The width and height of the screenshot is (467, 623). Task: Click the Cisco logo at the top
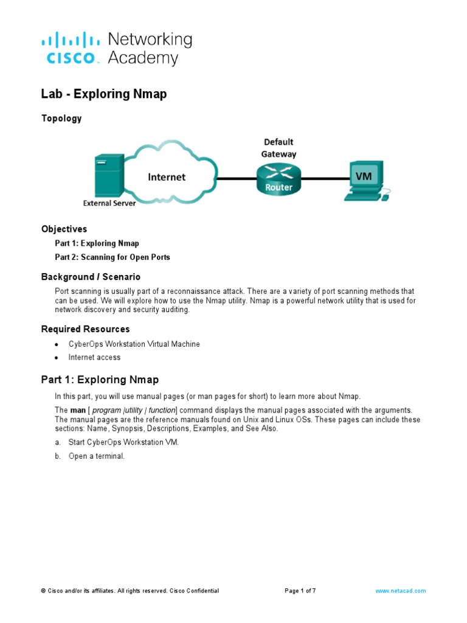coord(69,49)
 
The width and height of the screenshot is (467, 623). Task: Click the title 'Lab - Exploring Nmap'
coord(104,94)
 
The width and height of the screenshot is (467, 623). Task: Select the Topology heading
coord(61,119)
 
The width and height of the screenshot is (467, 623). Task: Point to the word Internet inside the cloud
coord(167,177)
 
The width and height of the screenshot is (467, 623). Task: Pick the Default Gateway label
coord(278,148)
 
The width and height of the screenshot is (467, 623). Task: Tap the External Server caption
coord(109,203)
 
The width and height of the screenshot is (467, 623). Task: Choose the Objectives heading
coord(64,229)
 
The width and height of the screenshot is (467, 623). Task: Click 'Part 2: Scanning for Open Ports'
coord(112,257)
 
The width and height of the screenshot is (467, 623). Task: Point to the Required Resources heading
coord(85,329)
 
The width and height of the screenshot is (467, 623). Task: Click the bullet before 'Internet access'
coord(57,358)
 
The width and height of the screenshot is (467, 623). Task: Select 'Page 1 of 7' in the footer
coord(300,591)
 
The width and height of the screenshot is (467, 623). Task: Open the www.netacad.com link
coord(400,591)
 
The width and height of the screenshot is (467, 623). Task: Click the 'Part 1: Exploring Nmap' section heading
coord(100,380)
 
